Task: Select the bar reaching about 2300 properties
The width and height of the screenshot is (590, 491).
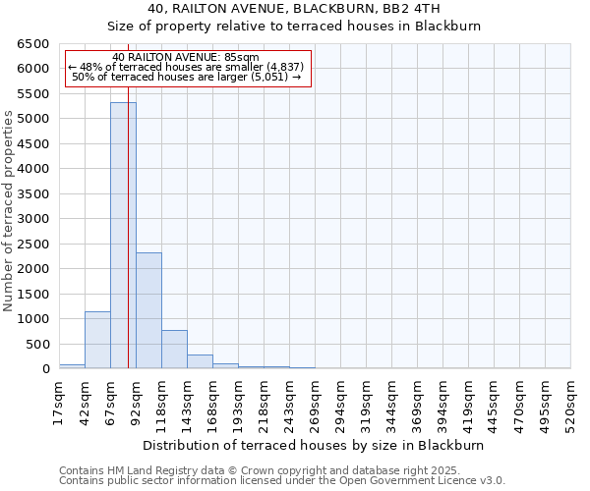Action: point(148,310)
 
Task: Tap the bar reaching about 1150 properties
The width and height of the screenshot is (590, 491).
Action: point(97,340)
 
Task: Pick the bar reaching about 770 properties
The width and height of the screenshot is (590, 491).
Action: point(174,350)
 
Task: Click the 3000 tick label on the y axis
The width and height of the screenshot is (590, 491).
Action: point(31,219)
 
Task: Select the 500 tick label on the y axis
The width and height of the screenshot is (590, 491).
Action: point(36,345)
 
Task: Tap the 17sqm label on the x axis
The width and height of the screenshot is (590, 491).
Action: point(59,403)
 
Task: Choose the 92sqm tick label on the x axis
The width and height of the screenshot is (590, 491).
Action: point(136,403)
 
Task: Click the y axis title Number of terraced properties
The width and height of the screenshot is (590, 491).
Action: point(9,211)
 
